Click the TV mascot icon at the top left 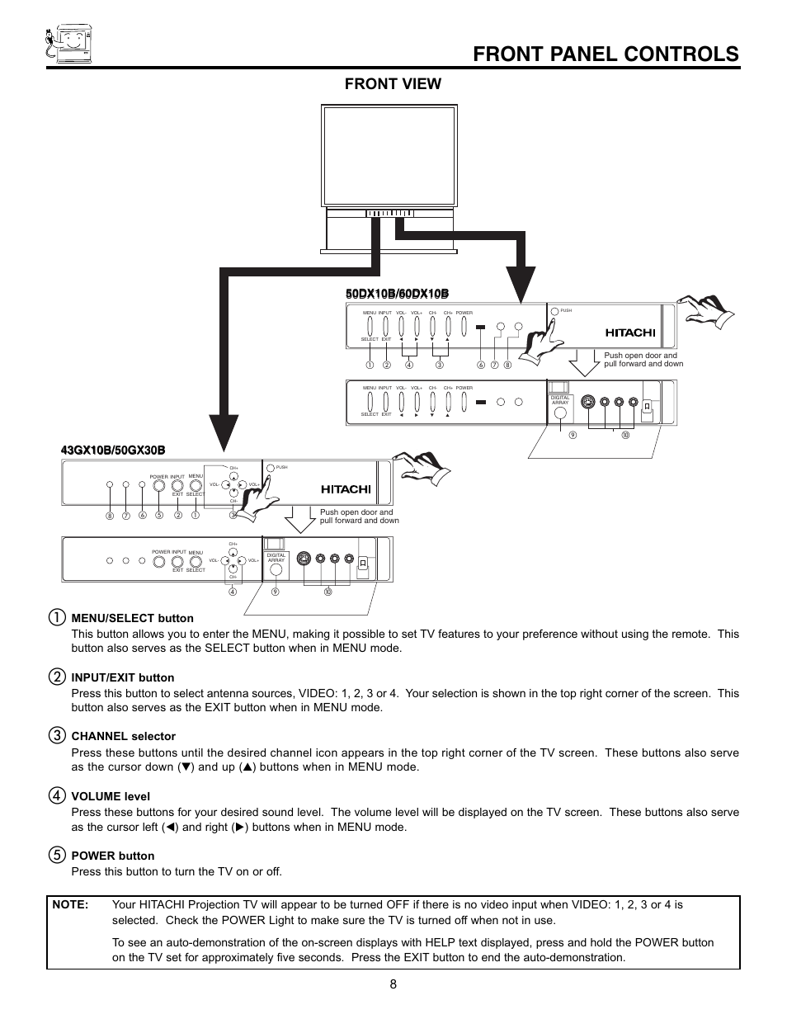coord(67,43)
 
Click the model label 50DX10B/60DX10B coord(397,295)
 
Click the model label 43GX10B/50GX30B coord(113,450)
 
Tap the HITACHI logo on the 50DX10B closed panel coord(629,333)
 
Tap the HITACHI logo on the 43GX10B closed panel coord(346,488)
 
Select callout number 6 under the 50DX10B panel coord(481,365)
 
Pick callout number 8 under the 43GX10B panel coord(109,516)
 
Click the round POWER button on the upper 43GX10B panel coord(158,486)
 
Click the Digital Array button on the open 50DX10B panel coord(560,414)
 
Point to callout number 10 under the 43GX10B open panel coord(327,592)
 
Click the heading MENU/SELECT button coord(132,618)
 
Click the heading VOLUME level coord(111,796)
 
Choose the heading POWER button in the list coord(112,856)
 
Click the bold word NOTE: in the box coord(70,904)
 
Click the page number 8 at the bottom coord(393,984)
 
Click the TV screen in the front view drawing coord(389,156)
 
